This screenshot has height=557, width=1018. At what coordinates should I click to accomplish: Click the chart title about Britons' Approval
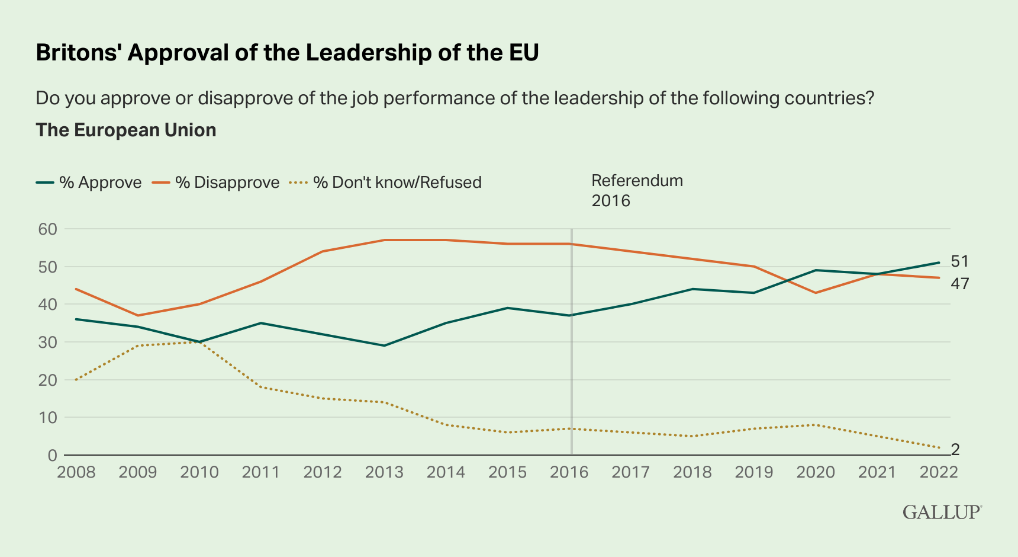click(x=287, y=53)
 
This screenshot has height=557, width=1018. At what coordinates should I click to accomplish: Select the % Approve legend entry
click(x=89, y=183)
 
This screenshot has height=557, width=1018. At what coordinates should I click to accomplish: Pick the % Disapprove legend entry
click(x=217, y=183)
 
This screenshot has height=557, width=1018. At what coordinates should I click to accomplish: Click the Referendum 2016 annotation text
click(x=637, y=190)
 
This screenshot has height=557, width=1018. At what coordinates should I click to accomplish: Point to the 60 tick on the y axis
click(x=47, y=229)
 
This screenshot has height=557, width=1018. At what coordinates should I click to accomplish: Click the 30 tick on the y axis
click(x=47, y=342)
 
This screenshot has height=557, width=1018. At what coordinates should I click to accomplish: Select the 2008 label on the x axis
click(x=76, y=472)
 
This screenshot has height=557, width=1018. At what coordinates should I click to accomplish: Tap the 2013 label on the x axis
click(x=385, y=472)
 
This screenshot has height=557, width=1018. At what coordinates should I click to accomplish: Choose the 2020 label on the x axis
click(x=816, y=472)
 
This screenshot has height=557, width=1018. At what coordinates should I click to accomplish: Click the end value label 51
click(x=959, y=261)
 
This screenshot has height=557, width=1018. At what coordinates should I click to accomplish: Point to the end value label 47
click(x=959, y=284)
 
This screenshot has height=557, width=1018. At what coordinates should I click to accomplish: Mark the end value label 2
click(x=955, y=450)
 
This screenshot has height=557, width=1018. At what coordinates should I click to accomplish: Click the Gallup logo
click(x=942, y=512)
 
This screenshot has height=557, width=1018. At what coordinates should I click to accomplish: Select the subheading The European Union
click(x=126, y=130)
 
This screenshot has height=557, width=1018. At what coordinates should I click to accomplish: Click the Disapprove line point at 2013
click(x=385, y=240)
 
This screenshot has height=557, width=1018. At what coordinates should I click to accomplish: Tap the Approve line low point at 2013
click(x=385, y=345)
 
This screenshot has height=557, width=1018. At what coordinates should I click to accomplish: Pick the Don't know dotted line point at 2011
click(x=261, y=387)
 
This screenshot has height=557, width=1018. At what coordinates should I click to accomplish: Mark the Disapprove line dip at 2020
click(x=816, y=293)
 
